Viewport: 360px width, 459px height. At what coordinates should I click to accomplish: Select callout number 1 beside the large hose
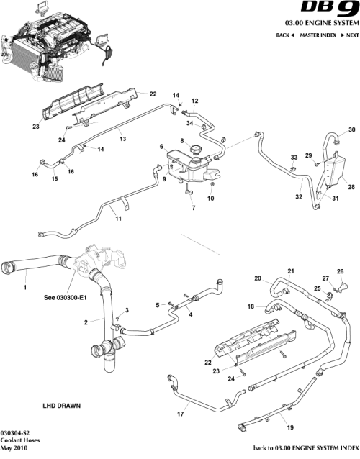click(24, 287)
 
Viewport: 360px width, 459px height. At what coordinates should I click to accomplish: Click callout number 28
click(352, 186)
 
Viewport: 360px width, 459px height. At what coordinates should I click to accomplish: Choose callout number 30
click(352, 130)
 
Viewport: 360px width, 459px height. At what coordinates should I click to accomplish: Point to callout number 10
click(211, 197)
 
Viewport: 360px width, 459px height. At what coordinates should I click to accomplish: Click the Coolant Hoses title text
click(21, 440)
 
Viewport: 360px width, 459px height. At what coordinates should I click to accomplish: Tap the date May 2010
click(16, 449)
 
